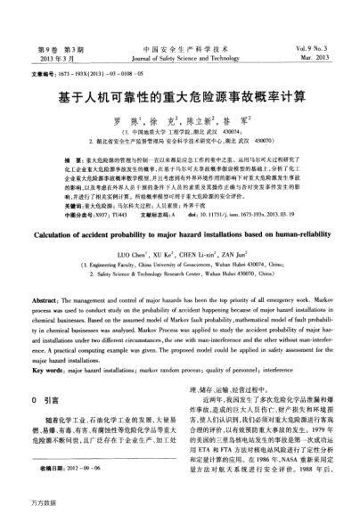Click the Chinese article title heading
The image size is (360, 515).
click(x=180, y=95)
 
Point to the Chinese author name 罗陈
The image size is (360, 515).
click(x=131, y=119)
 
